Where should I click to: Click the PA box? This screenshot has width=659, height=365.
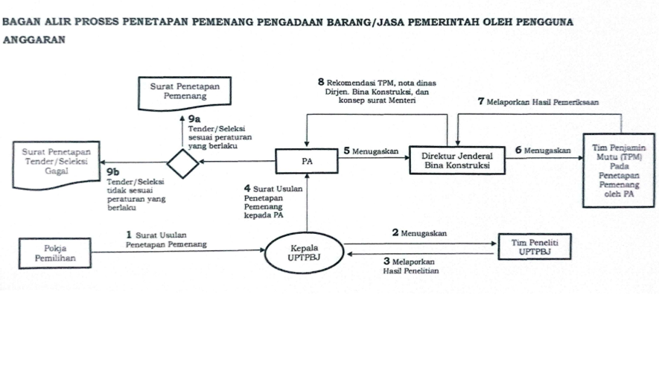[x=306, y=161]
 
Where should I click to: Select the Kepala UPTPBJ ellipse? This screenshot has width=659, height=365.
[x=304, y=253]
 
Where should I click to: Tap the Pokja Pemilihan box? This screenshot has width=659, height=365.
[x=56, y=253]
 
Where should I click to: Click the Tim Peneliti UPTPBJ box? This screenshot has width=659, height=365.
[x=535, y=248]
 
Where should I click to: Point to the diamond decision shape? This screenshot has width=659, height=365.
[x=183, y=162]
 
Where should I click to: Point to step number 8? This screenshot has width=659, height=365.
[x=321, y=81]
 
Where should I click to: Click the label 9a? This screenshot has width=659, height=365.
[x=195, y=118]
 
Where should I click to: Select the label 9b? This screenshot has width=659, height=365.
[x=112, y=171]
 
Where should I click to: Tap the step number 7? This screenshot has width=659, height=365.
[x=480, y=101]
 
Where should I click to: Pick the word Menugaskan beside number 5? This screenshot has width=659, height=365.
[x=375, y=151]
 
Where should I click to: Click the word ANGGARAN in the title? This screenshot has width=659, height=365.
[x=35, y=41]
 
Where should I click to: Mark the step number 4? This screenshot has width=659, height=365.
[x=247, y=188]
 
